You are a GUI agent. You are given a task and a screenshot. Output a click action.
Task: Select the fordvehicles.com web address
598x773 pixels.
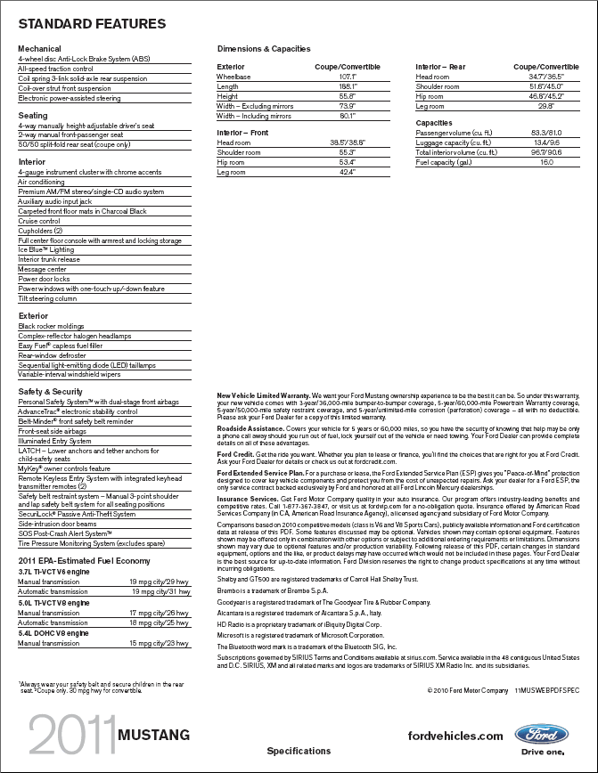(x=455, y=736)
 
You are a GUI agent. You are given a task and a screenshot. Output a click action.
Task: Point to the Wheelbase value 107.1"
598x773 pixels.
(x=348, y=77)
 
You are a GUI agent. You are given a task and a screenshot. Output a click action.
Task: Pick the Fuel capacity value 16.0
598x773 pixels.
(x=546, y=162)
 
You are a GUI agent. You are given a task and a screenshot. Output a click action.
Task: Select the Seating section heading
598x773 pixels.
(x=33, y=116)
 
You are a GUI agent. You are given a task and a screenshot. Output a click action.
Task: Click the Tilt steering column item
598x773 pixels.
(x=47, y=298)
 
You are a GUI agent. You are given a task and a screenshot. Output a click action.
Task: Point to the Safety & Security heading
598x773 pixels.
(x=50, y=392)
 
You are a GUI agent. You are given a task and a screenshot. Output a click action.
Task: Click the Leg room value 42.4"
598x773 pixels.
(x=348, y=171)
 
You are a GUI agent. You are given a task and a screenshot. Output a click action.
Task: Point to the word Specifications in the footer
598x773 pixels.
(x=298, y=751)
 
